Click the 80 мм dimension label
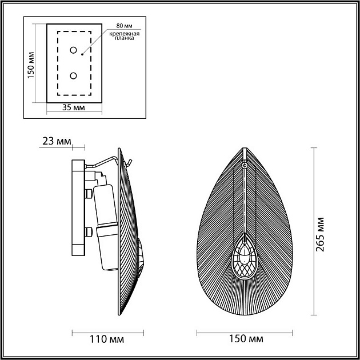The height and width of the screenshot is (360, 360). pyautogui.click(x=123, y=26)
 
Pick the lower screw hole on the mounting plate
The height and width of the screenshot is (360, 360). pyautogui.click(x=74, y=76)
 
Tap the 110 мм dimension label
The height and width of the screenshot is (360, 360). pyautogui.click(x=107, y=339)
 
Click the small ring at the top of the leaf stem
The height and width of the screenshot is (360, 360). pyautogui.click(x=245, y=165)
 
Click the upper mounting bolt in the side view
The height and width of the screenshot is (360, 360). pyautogui.click(x=88, y=194)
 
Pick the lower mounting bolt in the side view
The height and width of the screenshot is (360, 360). pyautogui.click(x=88, y=233)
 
